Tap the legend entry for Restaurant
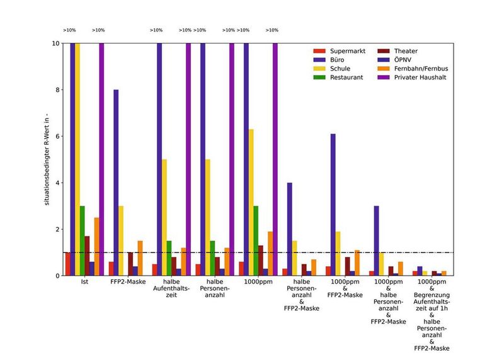340,77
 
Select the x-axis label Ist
84,281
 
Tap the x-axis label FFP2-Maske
128,281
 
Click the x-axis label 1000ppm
258,281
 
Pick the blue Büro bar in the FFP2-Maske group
116,183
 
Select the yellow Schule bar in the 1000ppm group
251,202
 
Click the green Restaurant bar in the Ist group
82,241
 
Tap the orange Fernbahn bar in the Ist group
96,247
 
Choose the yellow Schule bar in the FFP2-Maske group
121,241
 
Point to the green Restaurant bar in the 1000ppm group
256,241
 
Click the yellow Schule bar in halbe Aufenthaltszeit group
164,218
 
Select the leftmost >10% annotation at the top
69,30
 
